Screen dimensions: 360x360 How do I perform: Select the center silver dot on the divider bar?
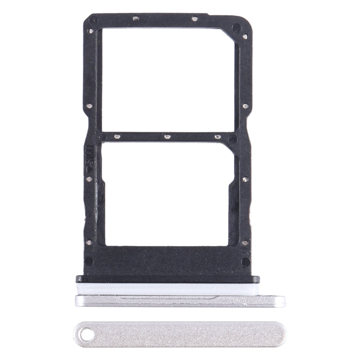[167, 136]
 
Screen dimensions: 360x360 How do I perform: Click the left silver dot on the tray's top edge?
[135, 19]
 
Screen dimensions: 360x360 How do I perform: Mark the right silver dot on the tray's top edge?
[194, 19]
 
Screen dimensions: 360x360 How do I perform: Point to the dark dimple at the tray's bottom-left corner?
[89, 261]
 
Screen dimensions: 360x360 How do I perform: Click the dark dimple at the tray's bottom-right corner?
[245, 261]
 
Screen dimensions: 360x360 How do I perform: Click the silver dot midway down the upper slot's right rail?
[245, 106]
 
